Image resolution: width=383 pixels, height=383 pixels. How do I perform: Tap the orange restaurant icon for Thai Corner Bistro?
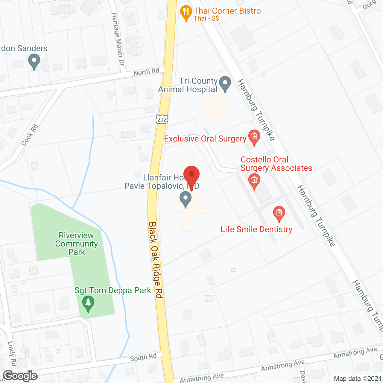(x=186, y=13)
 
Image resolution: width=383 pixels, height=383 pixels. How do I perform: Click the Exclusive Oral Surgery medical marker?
(x=254, y=137)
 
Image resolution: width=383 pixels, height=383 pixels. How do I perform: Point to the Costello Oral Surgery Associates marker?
(x=254, y=181)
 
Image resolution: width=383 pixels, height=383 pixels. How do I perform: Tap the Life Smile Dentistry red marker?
(x=279, y=214)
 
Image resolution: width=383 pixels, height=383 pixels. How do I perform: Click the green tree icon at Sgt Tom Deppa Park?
(x=88, y=303)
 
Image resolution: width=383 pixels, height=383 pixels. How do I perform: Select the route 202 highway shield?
(x=162, y=119)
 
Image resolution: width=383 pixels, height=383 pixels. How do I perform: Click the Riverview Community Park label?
(x=77, y=244)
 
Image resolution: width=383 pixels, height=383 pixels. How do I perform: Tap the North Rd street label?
(x=146, y=72)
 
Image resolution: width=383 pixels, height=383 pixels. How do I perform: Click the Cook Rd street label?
(x=30, y=135)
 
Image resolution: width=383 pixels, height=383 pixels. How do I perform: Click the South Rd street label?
(x=143, y=357)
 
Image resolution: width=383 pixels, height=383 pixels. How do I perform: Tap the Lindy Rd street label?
(x=12, y=353)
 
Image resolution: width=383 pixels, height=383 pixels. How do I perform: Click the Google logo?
(x=20, y=376)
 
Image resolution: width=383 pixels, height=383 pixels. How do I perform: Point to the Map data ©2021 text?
(x=358, y=379)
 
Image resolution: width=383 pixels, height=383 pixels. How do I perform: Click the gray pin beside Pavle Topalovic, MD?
(x=186, y=199)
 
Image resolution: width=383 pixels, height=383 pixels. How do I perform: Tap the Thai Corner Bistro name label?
(x=227, y=11)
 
